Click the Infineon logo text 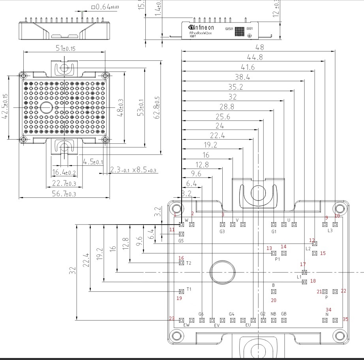(202, 27)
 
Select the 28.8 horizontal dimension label (227, 107)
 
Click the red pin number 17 (303, 264)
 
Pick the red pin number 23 (171, 319)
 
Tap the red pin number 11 (172, 229)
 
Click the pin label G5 (181, 241)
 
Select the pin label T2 (189, 263)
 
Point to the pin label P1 (277, 259)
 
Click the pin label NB (273, 314)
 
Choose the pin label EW (186, 325)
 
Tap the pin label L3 (330, 231)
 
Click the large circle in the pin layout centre (223, 272)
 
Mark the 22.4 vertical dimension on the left (86, 261)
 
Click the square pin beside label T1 (181, 291)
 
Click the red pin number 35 (345, 319)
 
